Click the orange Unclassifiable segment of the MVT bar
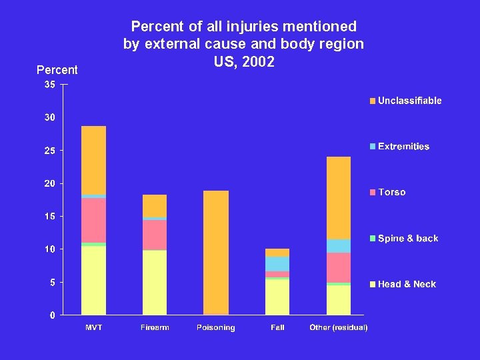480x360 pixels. point(93,160)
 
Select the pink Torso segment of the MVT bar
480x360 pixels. point(93,220)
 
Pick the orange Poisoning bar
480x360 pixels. point(216,253)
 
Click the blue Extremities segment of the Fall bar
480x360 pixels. point(277,264)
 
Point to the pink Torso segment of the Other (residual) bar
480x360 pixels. point(339,267)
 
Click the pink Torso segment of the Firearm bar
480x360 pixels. point(155,235)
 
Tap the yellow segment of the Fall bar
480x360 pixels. point(277,297)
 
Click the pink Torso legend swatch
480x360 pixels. point(373,193)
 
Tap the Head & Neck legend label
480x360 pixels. point(407,285)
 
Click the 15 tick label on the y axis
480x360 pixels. point(50,216)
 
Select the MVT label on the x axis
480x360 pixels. point(93,327)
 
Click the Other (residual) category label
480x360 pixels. point(339,327)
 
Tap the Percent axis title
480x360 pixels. point(57,70)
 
